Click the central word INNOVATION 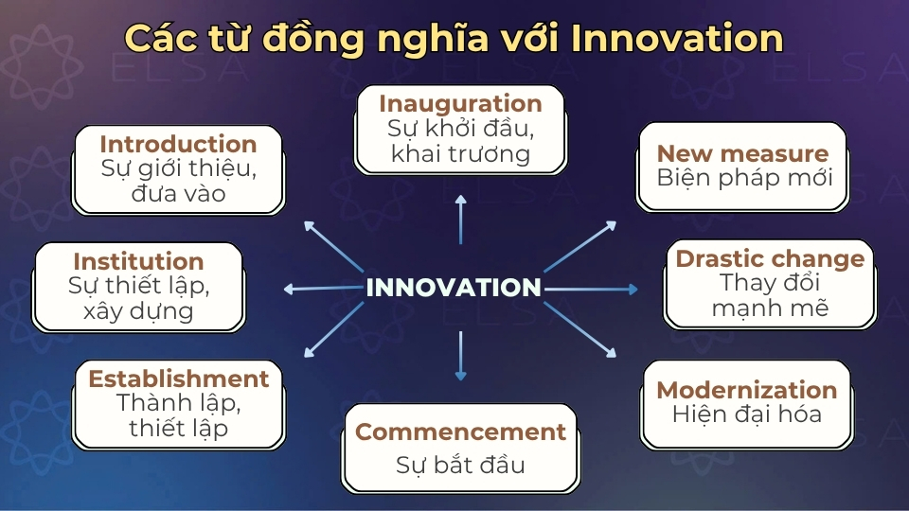click(x=454, y=288)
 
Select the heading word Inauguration click(x=460, y=103)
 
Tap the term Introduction click(x=178, y=144)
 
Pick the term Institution click(x=138, y=261)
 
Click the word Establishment click(x=178, y=379)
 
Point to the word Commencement click(x=460, y=432)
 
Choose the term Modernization click(x=746, y=390)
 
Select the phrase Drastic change click(x=769, y=258)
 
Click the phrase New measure click(x=742, y=153)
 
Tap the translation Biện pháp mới click(x=744, y=177)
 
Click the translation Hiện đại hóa click(x=746, y=414)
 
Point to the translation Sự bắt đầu click(x=460, y=465)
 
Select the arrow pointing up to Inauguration click(x=461, y=220)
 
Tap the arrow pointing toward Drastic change click(x=592, y=289)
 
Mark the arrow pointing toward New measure click(x=579, y=246)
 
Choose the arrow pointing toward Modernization click(x=579, y=329)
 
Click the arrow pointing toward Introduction click(x=334, y=246)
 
